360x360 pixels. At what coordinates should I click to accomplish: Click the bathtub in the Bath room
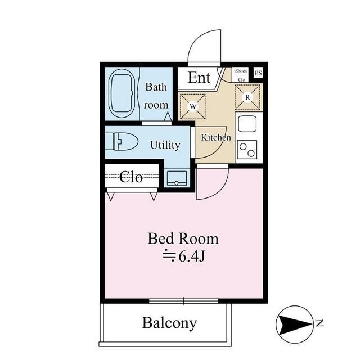[x=121, y=93]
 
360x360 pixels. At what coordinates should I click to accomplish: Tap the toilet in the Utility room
[x=121, y=141]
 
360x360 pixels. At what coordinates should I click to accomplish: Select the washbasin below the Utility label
[x=177, y=178]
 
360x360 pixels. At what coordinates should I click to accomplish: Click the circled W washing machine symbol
[x=193, y=106]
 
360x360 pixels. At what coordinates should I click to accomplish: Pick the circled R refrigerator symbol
[x=247, y=97]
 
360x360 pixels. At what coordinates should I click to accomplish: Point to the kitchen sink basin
[x=247, y=124]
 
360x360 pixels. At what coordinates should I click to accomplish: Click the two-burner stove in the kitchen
[x=247, y=150]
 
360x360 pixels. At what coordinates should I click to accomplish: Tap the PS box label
[x=258, y=73]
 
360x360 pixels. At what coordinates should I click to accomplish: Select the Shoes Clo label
[x=241, y=75]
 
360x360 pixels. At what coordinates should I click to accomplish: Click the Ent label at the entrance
[x=199, y=78]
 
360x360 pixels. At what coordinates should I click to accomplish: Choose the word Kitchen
[x=216, y=137]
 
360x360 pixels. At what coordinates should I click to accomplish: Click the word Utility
[x=165, y=145]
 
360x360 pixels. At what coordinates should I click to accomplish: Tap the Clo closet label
[x=131, y=177]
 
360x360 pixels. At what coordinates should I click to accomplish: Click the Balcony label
[x=169, y=323]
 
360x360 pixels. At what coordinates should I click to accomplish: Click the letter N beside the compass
[x=319, y=323]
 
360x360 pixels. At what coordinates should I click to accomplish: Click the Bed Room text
[x=183, y=238]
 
